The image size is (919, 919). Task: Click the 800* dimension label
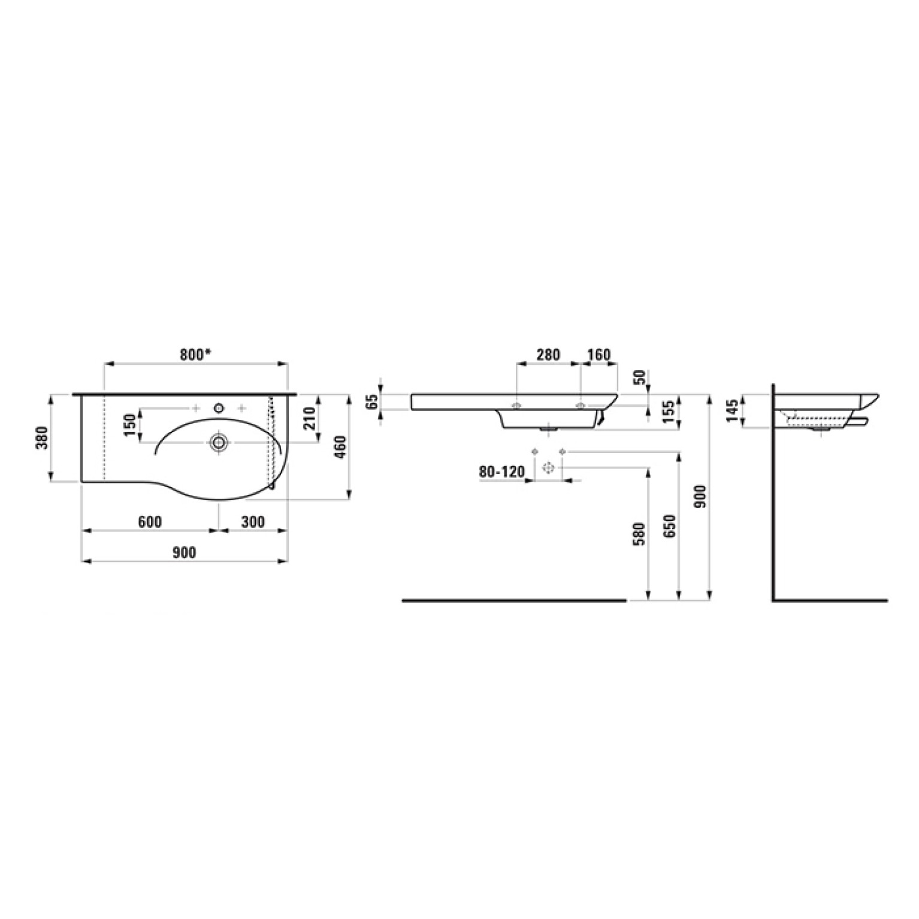(195, 354)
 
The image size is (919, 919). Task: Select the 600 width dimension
(150, 522)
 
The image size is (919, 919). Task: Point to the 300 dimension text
(253, 522)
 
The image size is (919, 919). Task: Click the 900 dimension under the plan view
(184, 552)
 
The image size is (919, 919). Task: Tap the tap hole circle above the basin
(219, 409)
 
